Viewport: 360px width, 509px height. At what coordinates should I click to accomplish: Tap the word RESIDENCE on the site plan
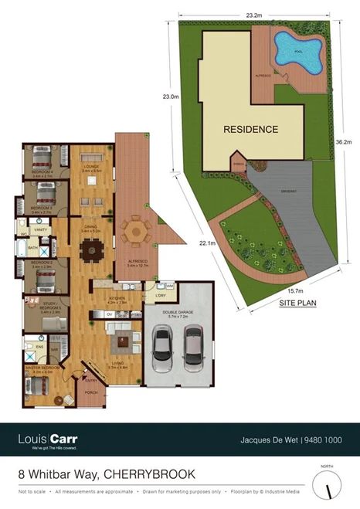(250, 130)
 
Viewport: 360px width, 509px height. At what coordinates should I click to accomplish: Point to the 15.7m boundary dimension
(294, 290)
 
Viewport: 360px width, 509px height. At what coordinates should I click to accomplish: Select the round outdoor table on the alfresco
(136, 230)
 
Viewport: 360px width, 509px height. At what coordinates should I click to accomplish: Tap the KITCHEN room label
(117, 297)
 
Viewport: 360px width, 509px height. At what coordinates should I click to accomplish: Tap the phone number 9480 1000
(323, 440)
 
